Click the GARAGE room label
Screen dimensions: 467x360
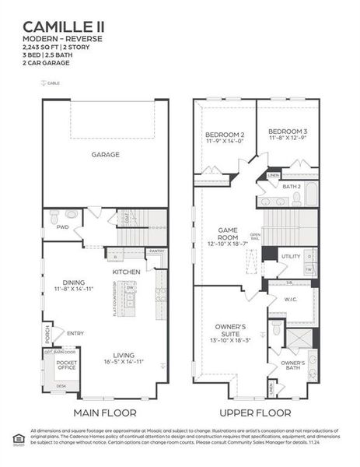point(105,155)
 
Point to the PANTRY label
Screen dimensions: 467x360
point(156,251)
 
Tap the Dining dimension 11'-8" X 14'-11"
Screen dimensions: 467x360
point(73,290)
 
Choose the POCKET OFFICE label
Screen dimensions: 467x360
point(67,365)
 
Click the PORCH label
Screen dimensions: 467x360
point(47,333)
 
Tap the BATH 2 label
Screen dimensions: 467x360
point(292,187)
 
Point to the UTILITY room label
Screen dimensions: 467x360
point(291,256)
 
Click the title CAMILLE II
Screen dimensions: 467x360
point(65,27)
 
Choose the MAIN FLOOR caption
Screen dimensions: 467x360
point(104,413)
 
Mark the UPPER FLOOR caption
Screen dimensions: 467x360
point(255,413)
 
